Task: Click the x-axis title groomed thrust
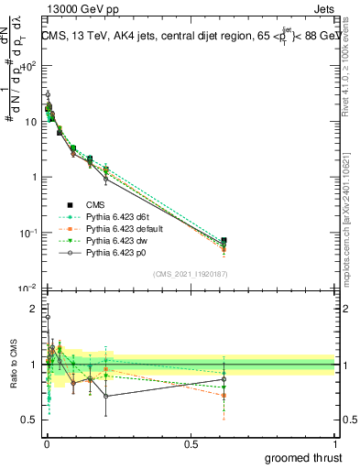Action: point(305,457)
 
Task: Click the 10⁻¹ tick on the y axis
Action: point(27,233)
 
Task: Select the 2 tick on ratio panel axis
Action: point(34,310)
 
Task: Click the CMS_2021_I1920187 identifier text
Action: point(190,274)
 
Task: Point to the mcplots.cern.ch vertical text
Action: point(352,220)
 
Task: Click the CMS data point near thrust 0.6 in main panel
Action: point(224,241)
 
